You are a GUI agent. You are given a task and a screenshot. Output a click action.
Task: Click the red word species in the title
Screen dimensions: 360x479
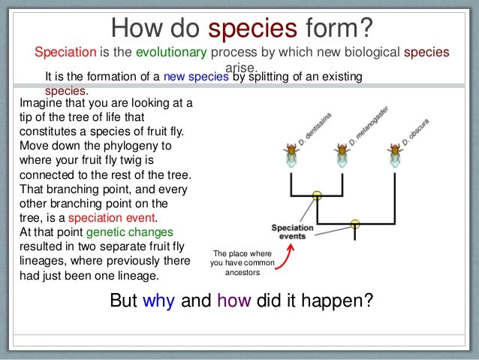click(253, 29)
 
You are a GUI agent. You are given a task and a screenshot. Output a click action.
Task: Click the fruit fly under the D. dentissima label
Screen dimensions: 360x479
click(292, 154)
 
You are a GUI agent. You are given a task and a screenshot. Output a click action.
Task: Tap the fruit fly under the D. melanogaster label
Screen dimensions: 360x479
click(342, 154)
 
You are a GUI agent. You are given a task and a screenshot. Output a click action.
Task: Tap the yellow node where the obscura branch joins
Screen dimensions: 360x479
click(355, 223)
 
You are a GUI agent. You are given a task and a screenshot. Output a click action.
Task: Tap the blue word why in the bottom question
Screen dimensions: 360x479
click(158, 301)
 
